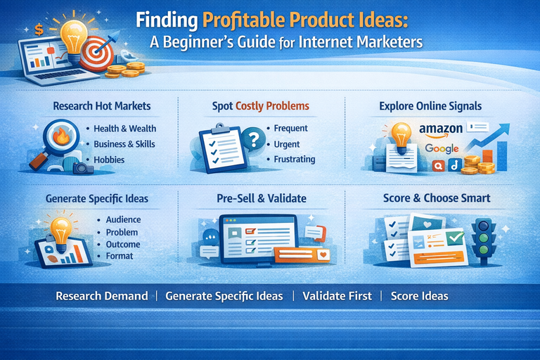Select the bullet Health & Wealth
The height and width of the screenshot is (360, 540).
coord(125,129)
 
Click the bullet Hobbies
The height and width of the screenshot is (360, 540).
coord(109,160)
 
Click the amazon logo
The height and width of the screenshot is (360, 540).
coord(442,130)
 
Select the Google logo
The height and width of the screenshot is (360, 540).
coord(442,148)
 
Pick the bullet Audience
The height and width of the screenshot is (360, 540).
coord(123,219)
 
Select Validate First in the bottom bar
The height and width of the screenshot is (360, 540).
coord(337,296)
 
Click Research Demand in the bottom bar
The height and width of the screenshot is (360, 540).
coord(102,296)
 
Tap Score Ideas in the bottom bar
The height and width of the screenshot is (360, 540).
coord(419,296)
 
